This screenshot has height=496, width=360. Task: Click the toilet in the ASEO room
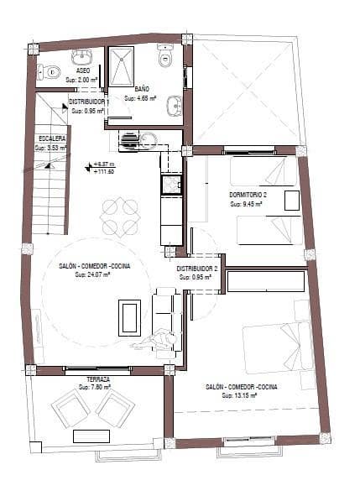coord(50,71)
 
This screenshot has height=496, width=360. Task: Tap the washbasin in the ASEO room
coord(83,57)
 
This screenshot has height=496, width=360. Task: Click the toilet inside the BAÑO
coord(164,57)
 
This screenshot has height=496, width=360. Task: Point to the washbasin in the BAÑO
coord(174,106)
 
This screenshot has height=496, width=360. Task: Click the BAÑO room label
coord(141,87)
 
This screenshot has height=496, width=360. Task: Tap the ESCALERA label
coord(52,137)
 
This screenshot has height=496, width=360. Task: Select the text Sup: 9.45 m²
coord(246,204)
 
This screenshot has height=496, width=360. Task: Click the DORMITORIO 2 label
coord(247,195)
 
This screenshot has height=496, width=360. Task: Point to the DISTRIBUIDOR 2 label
coord(197,268)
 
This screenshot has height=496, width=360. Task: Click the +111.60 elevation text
coord(104,172)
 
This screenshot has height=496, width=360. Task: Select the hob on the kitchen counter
coord(171,183)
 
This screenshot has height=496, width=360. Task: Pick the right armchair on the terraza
coord(114,410)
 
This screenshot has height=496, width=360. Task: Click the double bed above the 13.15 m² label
coord(277,344)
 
